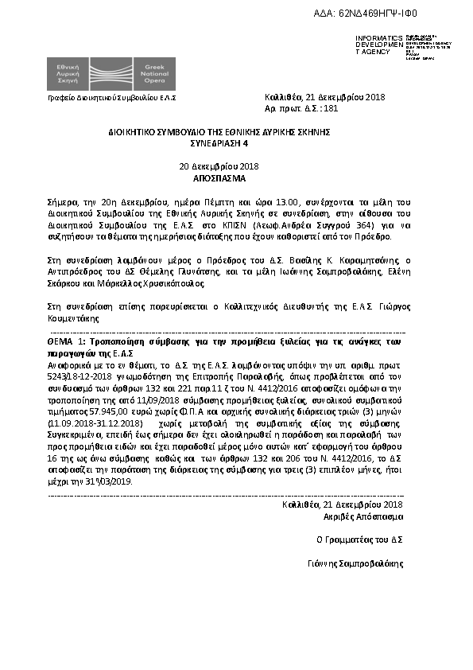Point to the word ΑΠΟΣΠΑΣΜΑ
[219, 178]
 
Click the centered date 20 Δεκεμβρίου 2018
[219, 166]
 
